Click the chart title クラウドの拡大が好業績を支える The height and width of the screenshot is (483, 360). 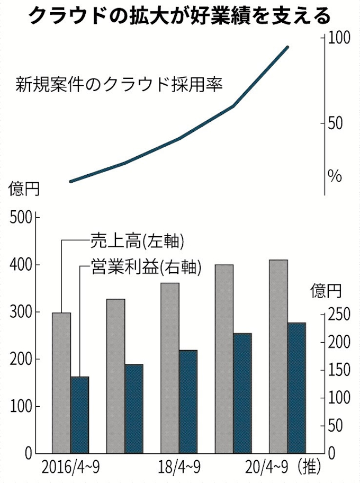pos(179,16)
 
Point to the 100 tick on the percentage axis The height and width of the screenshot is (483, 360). pos(339,38)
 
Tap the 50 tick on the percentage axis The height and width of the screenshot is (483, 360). pos(335,123)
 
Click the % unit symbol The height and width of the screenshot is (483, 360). pos(335,176)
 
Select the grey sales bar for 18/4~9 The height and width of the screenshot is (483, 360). pos(170,368)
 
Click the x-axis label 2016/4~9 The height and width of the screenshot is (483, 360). pos(71,468)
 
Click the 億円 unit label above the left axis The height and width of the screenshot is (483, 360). pos(24,187)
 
